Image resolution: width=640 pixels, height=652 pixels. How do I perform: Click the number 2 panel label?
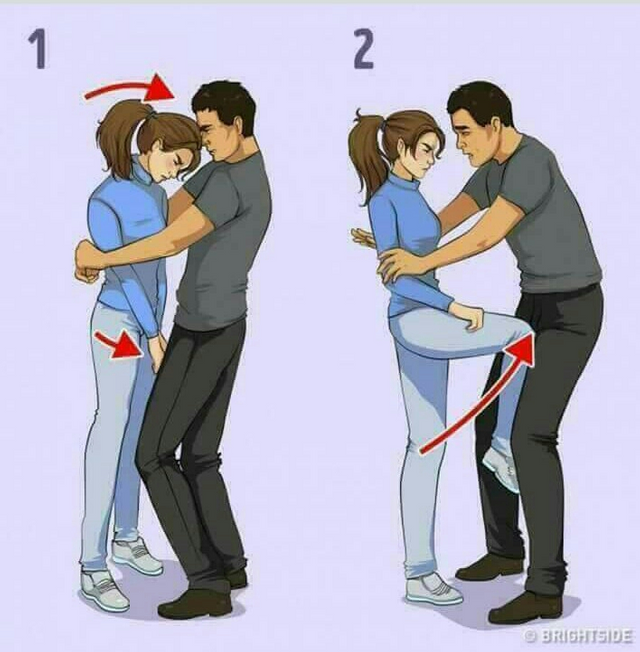tap(363, 49)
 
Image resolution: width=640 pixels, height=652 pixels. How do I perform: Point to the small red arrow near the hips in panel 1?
tap(119, 345)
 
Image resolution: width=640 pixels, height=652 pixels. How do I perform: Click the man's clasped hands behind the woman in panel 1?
tap(86, 265)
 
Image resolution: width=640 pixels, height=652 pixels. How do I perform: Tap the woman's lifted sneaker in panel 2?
tap(501, 469)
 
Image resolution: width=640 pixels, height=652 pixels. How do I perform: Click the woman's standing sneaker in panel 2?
tap(433, 590)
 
